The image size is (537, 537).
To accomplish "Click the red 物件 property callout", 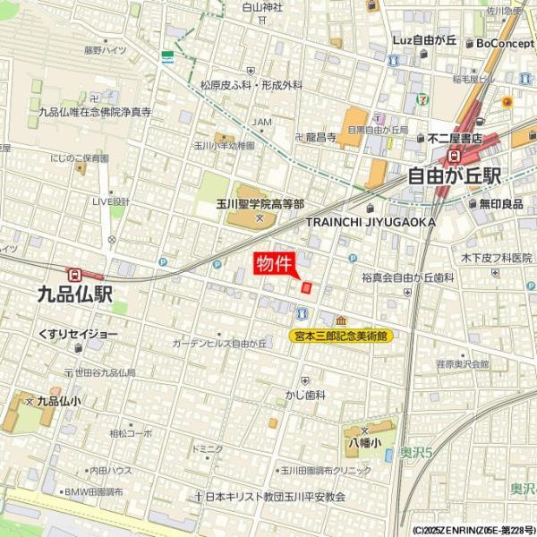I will [274, 264].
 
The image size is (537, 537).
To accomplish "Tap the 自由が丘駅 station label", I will [454, 176].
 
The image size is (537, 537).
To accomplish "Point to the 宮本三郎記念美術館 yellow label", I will [342, 337].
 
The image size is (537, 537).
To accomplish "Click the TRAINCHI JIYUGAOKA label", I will [371, 222].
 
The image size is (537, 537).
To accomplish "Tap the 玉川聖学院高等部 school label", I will [260, 204].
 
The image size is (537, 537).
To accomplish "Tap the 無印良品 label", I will [500, 204].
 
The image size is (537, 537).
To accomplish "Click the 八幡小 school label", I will [364, 442].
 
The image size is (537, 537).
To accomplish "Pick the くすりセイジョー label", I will [78, 334].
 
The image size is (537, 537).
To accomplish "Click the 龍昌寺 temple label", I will [320, 137].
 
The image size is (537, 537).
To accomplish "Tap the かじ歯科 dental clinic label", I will [305, 394].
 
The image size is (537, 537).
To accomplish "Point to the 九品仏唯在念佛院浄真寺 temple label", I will [95, 113].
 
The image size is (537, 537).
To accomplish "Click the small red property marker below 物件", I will [306, 288].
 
